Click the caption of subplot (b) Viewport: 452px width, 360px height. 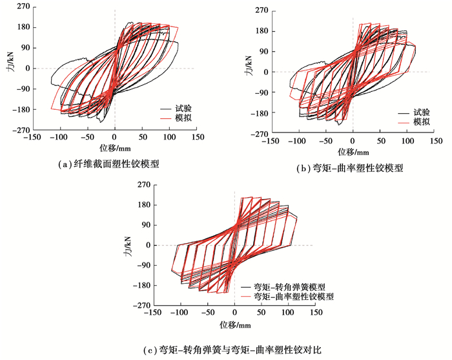pos(350,169)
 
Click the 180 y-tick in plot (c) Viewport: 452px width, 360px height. pos(143,205)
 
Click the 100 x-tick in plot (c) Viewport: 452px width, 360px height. pos(289,313)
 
